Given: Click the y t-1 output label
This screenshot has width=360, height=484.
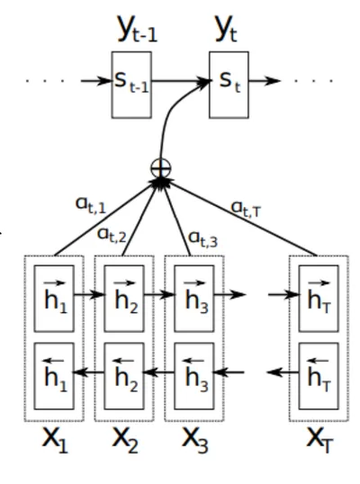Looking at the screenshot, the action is (138, 29).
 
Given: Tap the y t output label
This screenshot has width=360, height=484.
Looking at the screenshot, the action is (226, 29).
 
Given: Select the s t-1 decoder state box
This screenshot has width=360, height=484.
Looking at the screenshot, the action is (131, 85).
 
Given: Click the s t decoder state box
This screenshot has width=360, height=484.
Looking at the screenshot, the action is (229, 85).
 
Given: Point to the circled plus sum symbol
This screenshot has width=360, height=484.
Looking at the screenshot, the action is (160, 168).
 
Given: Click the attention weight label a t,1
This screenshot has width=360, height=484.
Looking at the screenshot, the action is (91, 206).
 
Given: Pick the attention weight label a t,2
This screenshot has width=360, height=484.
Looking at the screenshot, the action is (112, 235).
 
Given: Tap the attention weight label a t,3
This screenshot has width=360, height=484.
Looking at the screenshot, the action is (202, 239).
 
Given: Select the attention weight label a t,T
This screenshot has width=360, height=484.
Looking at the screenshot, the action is (246, 209).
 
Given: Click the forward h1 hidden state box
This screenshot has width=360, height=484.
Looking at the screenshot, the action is (54, 299).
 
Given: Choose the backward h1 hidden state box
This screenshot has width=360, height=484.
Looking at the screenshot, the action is (54, 376).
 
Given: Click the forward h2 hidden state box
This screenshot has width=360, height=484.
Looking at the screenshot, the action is (124, 299).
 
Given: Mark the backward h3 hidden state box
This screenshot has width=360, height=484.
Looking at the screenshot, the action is (194, 376).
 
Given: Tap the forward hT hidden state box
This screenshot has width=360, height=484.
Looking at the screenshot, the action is (319, 299).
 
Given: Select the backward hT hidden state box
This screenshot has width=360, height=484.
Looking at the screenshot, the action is (319, 376).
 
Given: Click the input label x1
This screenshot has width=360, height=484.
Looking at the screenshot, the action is (55, 440).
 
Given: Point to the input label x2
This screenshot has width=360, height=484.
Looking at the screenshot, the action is (125, 440).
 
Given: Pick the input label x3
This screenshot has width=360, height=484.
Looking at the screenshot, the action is (195, 440).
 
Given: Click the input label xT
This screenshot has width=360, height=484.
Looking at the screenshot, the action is (319, 440).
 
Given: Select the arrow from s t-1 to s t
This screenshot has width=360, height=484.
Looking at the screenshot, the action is (181, 81).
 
